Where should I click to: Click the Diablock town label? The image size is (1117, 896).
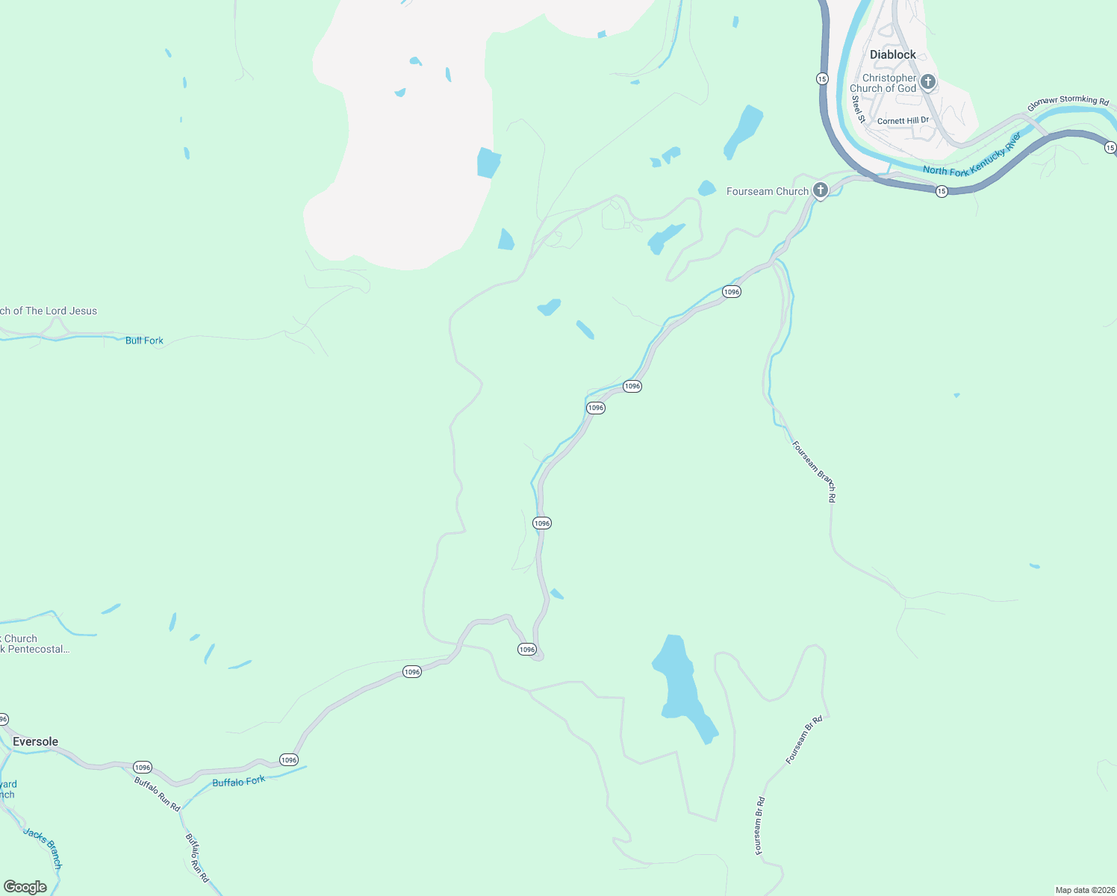click(892, 55)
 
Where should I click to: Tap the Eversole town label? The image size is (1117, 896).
click(35, 741)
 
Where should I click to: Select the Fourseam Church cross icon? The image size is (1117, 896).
click(820, 190)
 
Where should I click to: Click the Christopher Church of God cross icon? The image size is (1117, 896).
click(927, 81)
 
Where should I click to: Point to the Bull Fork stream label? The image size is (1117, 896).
click(144, 340)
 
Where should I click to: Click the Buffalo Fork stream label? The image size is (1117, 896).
click(238, 782)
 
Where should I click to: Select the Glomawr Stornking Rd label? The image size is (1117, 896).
click(1068, 102)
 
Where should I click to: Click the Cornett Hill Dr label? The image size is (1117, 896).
click(903, 120)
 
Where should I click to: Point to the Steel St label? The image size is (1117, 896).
click(858, 109)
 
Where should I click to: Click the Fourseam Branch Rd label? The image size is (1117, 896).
click(814, 471)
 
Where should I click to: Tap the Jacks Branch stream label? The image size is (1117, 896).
click(43, 847)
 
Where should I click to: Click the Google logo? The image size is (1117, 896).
click(25, 887)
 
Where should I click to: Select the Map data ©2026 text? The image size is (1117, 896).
click(1084, 890)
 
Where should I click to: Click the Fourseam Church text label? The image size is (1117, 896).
click(767, 192)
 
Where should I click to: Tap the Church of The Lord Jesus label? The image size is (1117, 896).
click(49, 311)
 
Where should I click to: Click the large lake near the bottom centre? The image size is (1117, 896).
click(679, 683)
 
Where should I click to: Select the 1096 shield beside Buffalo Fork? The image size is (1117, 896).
click(289, 759)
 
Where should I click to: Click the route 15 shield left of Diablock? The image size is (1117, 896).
click(821, 78)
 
